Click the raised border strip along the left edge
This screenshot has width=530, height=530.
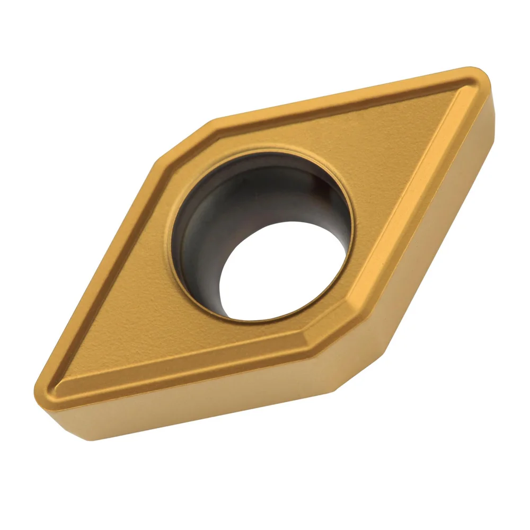point(106,265)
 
